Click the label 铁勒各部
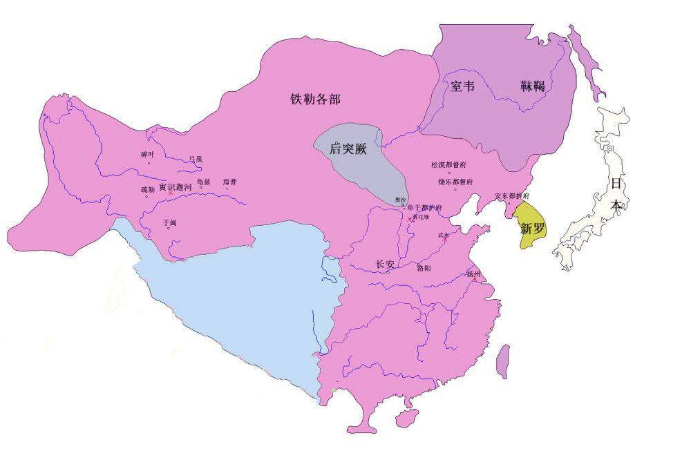[316, 99]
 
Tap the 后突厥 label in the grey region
[348, 148]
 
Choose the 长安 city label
[385, 264]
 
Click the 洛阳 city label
[425, 267]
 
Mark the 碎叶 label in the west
[148, 154]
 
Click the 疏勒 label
[148, 189]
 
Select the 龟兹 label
[203, 182]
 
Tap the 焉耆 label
[229, 182]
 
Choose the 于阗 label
[169, 222]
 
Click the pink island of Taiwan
[504, 355]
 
